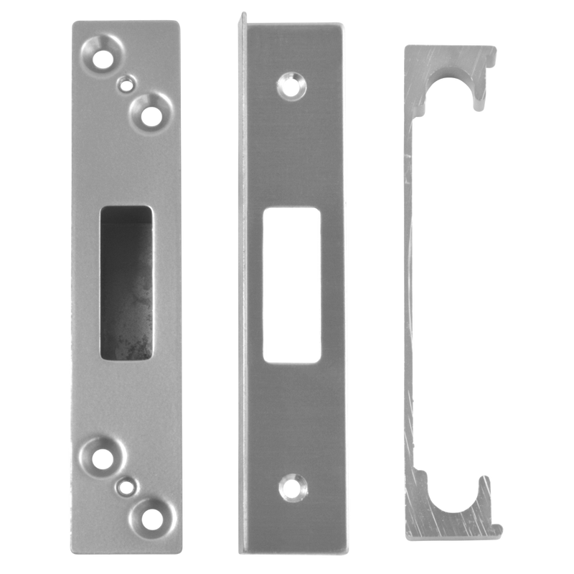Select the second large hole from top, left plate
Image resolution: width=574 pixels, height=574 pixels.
[151, 112]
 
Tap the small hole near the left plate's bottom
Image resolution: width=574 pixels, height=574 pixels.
[127, 486]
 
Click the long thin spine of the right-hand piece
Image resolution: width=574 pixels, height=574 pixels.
[410, 287]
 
